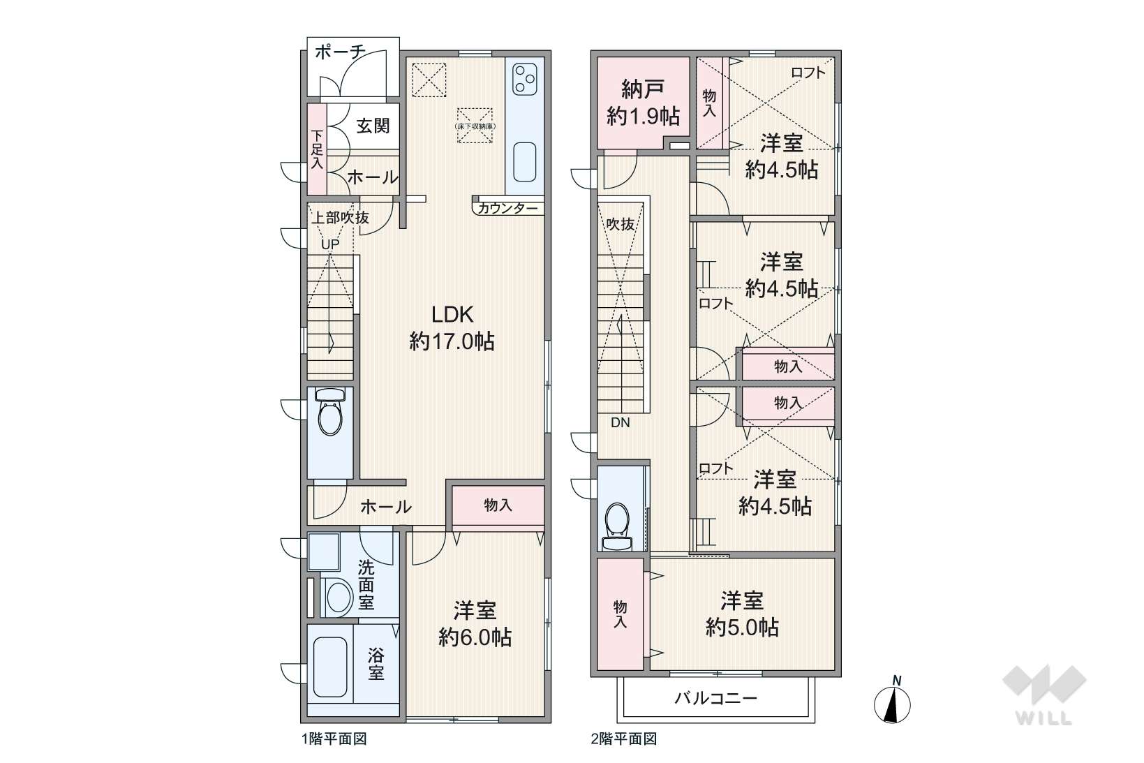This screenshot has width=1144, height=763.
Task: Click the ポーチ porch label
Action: (x=340, y=52)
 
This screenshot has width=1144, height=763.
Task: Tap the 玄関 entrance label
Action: (x=373, y=126)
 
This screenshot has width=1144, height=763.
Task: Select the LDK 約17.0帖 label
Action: (x=452, y=328)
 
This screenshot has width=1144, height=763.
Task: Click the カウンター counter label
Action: (x=508, y=208)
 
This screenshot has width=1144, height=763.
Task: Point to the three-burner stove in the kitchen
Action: (x=524, y=79)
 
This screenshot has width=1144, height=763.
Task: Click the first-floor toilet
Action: (x=329, y=412)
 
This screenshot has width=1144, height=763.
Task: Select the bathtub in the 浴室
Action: (x=330, y=667)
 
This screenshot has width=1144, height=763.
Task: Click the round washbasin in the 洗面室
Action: (x=338, y=596)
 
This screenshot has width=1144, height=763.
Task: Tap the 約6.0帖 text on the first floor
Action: (x=475, y=637)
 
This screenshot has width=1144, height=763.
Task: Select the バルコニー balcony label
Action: (x=715, y=698)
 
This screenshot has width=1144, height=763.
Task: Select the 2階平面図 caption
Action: (x=623, y=739)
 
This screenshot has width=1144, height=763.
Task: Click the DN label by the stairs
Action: (x=620, y=423)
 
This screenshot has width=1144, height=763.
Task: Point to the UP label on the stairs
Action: (x=330, y=244)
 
